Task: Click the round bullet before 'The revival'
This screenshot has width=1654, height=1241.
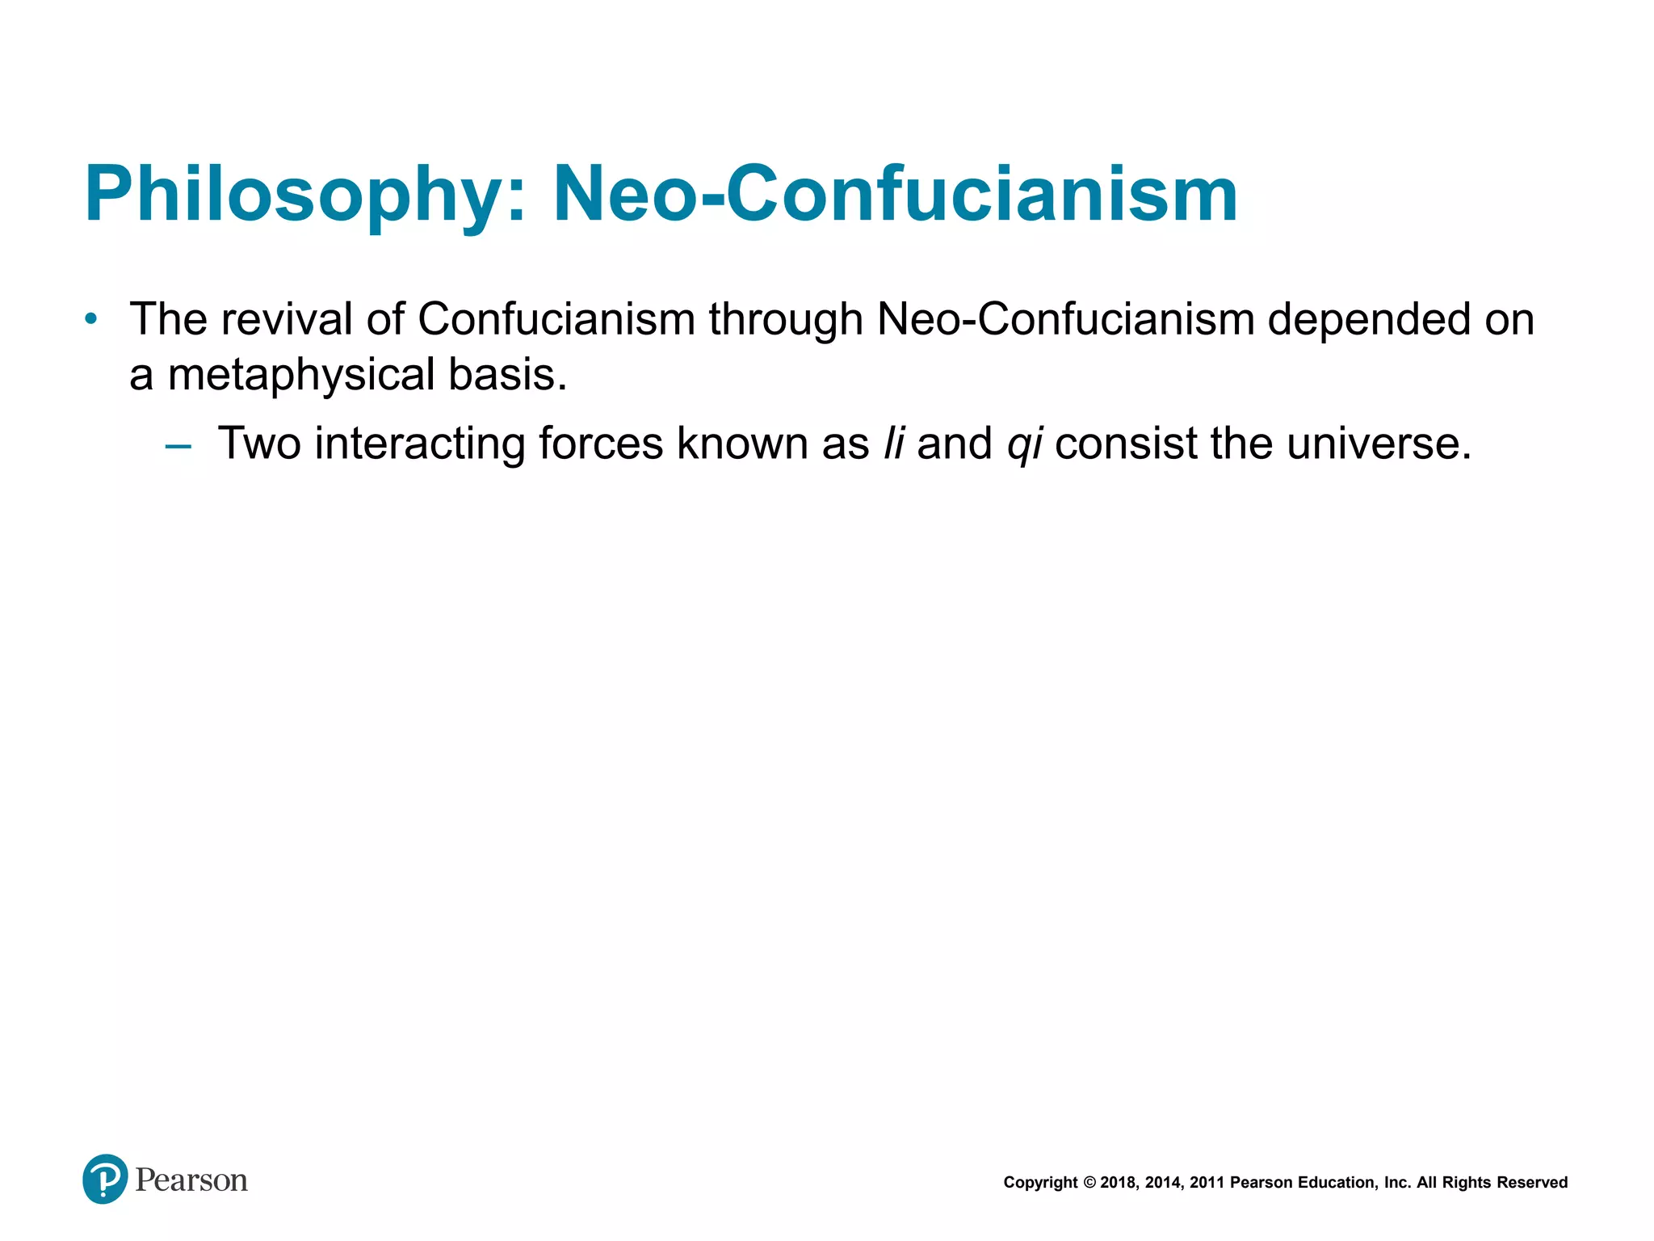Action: pos(91,319)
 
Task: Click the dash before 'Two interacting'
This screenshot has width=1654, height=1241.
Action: pos(178,445)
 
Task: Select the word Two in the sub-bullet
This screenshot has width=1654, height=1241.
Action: pos(258,444)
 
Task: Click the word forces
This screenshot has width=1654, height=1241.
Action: pos(600,444)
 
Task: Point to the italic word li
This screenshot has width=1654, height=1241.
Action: pos(894,444)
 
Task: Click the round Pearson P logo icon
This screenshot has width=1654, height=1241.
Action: pos(105,1179)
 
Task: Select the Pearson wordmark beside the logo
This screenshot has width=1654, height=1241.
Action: pos(191,1180)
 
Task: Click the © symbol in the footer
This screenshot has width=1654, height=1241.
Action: pos(1089,1183)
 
